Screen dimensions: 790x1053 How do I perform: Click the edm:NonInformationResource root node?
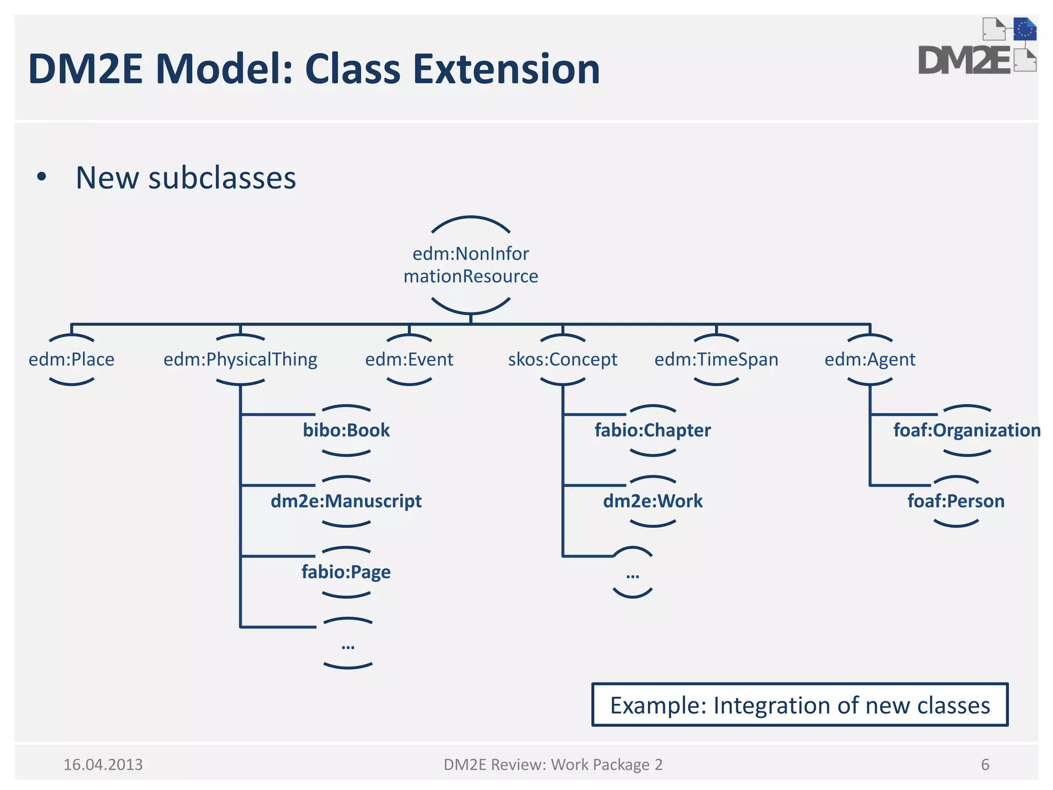(470, 265)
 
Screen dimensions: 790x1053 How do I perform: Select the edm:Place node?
(71, 360)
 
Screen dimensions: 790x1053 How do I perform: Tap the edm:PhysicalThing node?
(240, 360)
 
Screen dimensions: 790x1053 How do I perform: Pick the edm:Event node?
(409, 360)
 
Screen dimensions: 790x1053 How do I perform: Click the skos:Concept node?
(562, 360)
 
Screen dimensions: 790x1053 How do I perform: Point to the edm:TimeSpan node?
(716, 360)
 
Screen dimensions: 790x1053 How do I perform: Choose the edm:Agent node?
(870, 360)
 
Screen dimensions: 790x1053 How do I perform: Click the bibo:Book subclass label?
(346, 430)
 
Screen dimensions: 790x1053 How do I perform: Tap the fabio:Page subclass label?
(346, 572)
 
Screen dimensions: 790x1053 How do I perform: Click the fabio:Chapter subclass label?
(652, 430)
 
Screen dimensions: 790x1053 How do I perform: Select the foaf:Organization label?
(967, 430)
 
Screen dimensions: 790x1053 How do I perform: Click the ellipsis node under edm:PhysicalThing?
(348, 644)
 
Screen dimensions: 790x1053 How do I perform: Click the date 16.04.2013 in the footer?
(103, 765)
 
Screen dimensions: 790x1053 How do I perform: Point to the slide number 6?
(985, 765)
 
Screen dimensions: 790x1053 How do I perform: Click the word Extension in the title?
(506, 69)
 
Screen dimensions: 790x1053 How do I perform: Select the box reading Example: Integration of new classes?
(800, 705)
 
